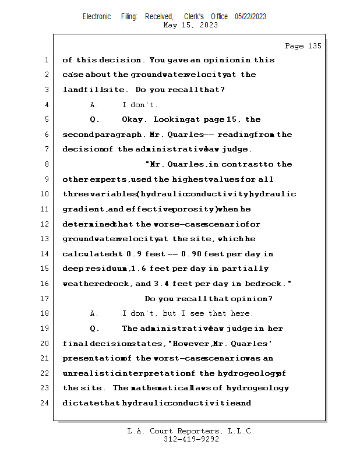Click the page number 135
(313, 46)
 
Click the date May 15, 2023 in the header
(190, 25)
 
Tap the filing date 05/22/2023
(250, 16)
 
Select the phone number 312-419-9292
(190, 439)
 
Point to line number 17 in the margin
(46, 298)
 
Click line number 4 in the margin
(46, 105)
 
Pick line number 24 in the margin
(46, 403)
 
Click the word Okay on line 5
(135, 119)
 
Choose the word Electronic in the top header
(97, 16)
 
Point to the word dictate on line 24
(79, 403)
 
